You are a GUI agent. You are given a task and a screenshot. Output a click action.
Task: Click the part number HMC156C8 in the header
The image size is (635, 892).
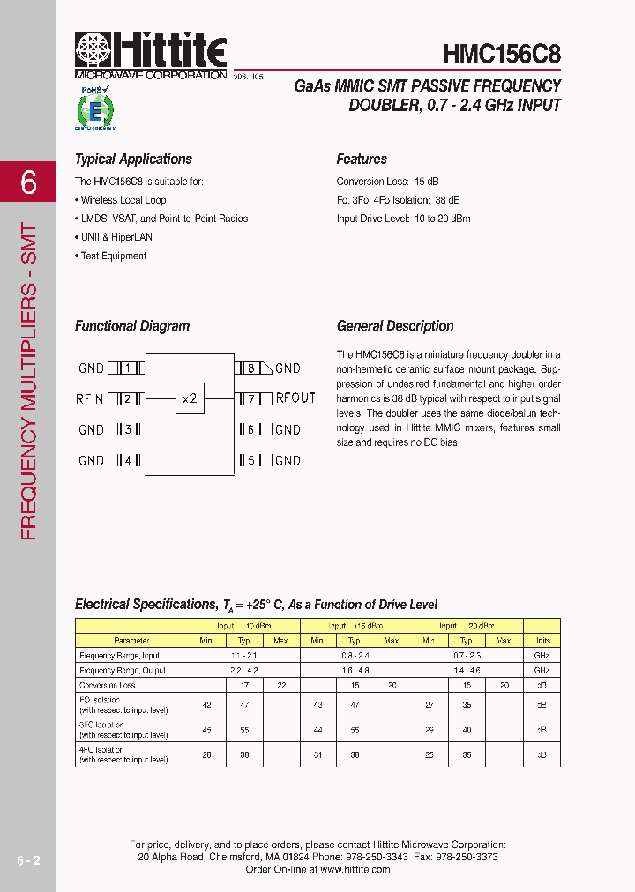(501, 54)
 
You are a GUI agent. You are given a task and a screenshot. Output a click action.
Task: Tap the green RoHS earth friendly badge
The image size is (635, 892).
(94, 108)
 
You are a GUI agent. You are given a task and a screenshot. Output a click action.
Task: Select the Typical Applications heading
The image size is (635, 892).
(133, 160)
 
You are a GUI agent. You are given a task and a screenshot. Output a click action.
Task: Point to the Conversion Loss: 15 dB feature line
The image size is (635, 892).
(387, 182)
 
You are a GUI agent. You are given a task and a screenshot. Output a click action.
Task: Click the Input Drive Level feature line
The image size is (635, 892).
(403, 219)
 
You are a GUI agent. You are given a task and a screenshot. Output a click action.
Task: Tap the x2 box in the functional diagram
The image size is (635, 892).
(190, 398)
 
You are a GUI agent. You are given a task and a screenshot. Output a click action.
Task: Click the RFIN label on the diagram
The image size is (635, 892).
(90, 399)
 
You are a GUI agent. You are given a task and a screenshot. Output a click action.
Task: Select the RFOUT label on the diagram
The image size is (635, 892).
(295, 398)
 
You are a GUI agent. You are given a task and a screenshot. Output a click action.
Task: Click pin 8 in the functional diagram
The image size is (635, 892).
(250, 368)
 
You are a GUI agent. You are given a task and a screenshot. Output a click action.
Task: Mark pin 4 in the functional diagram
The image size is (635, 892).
(128, 460)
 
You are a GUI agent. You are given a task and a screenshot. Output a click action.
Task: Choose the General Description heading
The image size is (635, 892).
(395, 326)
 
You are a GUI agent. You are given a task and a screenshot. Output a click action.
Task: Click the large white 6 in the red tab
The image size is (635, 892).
(29, 182)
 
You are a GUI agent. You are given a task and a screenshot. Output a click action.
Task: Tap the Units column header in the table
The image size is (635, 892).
(542, 641)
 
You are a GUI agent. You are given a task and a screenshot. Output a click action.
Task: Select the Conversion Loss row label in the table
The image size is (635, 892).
(108, 685)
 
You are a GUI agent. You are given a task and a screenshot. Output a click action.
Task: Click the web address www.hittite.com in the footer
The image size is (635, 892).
(355, 869)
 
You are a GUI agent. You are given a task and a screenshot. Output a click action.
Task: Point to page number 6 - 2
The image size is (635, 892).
(28, 859)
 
